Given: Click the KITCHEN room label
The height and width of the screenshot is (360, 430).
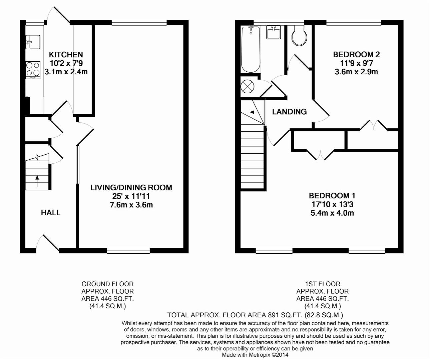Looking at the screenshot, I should [x=66, y=55].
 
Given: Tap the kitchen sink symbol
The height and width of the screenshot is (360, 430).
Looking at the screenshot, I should [x=33, y=42].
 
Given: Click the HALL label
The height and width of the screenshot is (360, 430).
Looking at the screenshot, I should [x=51, y=213].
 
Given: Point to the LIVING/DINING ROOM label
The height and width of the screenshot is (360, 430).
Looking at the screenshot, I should [x=131, y=188].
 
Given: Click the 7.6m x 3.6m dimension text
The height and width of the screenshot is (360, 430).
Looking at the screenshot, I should [x=131, y=205].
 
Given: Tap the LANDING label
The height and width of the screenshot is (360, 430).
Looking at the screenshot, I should [x=289, y=112].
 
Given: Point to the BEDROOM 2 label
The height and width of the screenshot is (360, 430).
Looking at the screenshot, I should [x=356, y=54].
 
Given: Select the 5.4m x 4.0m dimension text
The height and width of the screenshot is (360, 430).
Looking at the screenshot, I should [x=332, y=213].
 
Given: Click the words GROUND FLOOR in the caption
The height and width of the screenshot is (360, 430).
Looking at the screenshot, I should [x=107, y=284].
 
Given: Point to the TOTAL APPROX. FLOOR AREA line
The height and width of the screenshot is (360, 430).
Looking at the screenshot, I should [x=255, y=315].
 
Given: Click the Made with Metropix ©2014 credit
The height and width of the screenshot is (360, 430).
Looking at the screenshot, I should [x=255, y=355].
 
